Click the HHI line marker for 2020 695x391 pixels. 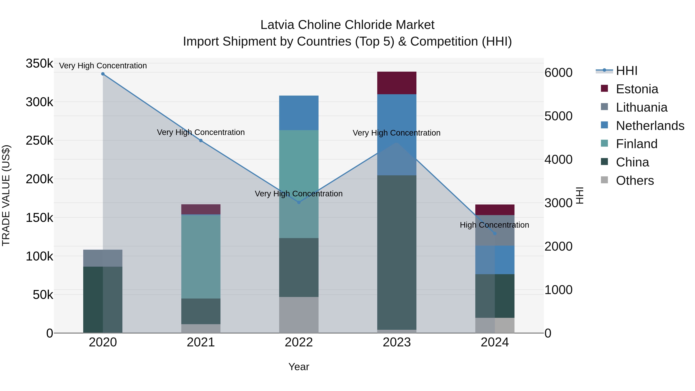pyautogui.click(x=103, y=74)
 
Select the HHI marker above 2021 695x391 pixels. pyautogui.click(x=201, y=141)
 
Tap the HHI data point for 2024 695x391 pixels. pyautogui.click(x=495, y=233)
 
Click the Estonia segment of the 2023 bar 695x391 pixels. pyautogui.click(x=397, y=83)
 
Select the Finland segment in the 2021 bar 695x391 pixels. pyautogui.click(x=201, y=256)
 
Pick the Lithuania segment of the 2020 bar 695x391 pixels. pyautogui.click(x=103, y=258)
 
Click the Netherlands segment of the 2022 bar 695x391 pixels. pyautogui.click(x=299, y=113)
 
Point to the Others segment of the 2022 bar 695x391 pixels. pyautogui.click(x=299, y=315)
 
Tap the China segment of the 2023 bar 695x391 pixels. pyautogui.click(x=397, y=252)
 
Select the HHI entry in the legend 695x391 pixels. pyautogui.click(x=626, y=71)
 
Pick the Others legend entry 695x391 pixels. pyautogui.click(x=635, y=181)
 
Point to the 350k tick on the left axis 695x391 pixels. pyautogui.click(x=39, y=64)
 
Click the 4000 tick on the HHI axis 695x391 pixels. pyautogui.click(x=558, y=159)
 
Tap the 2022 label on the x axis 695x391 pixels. pyautogui.click(x=299, y=342)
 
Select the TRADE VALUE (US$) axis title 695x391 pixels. pyautogui.click(x=6, y=195)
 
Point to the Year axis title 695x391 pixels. pyautogui.click(x=299, y=367)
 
